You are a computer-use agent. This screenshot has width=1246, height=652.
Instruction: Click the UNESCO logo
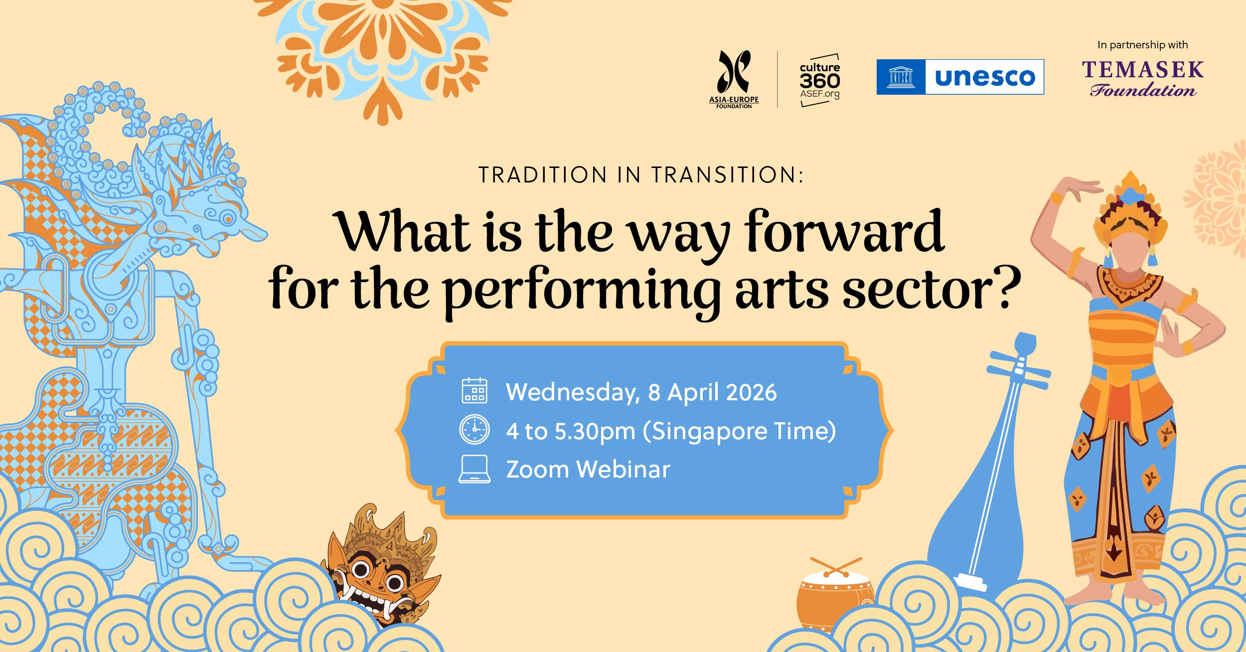(x=960, y=77)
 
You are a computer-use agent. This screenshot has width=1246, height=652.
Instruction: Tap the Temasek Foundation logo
(x=1143, y=78)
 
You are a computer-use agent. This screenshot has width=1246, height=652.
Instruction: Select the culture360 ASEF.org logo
(x=820, y=80)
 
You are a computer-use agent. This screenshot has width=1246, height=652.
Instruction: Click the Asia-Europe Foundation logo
(x=734, y=79)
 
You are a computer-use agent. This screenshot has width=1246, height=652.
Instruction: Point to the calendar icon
(x=474, y=390)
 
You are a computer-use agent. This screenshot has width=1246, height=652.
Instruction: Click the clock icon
(x=474, y=429)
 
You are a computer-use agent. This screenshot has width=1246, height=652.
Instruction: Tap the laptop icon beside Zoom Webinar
(x=474, y=469)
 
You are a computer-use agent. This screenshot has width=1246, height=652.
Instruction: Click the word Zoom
(x=537, y=470)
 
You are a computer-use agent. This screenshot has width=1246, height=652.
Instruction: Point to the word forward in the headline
(x=844, y=232)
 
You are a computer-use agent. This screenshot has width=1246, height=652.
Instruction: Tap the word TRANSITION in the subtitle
(x=727, y=175)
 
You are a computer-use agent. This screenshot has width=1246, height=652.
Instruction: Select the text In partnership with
(x=1142, y=45)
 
